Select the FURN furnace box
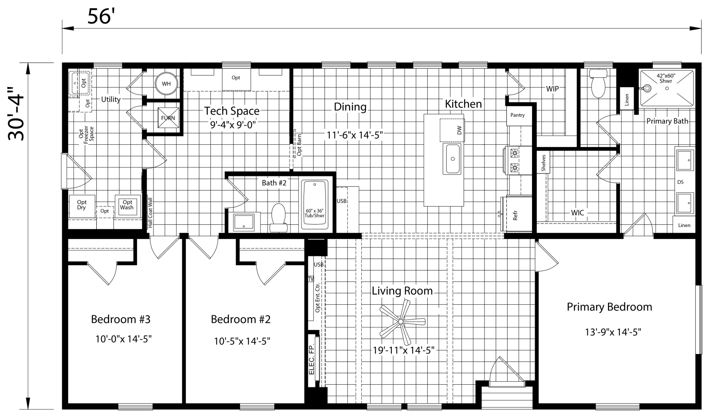pyautogui.click(x=168, y=117)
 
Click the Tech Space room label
pyautogui.click(x=232, y=111)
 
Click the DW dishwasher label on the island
pyautogui.click(x=459, y=130)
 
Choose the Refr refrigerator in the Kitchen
pyautogui.click(x=515, y=215)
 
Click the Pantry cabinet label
pyautogui.click(x=517, y=115)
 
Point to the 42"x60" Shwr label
pyautogui.click(x=666, y=77)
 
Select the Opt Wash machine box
pyautogui.click(x=127, y=205)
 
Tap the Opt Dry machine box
pyautogui.click(x=82, y=205)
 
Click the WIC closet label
pyautogui.click(x=577, y=213)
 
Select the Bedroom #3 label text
pyautogui.click(x=121, y=319)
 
